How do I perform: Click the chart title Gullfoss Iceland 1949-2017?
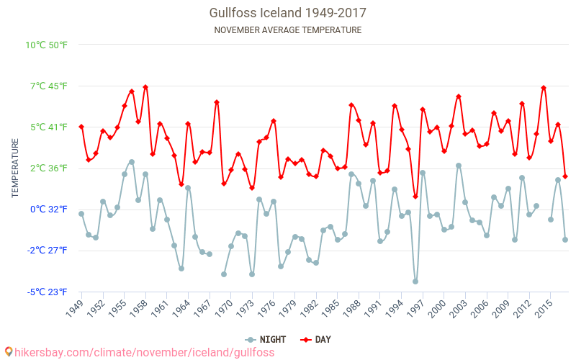(287, 13)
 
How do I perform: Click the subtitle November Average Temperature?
(287, 30)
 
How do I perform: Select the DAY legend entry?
(316, 339)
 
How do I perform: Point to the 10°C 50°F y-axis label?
(47, 45)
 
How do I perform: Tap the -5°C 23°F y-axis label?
(48, 292)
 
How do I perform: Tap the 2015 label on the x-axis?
(545, 308)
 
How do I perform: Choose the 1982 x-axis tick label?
(310, 308)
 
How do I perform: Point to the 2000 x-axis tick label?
(438, 308)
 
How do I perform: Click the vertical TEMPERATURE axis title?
(15, 168)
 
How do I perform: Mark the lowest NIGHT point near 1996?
(415, 282)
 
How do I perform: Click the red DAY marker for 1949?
(81, 127)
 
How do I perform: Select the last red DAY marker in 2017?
(565, 176)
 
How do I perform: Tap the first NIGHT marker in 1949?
(81, 214)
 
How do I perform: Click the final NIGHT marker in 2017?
(565, 240)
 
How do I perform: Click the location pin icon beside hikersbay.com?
(8, 352)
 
